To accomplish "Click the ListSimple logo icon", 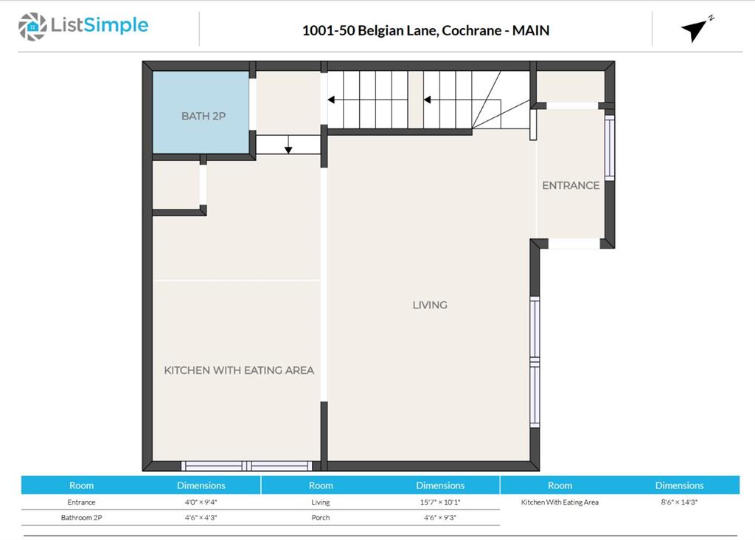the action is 32,27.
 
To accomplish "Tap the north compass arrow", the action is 695,30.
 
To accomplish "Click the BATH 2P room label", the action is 203,116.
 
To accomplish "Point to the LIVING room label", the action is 430,305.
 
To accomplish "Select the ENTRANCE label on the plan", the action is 571,185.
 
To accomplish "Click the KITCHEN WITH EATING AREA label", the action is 239,370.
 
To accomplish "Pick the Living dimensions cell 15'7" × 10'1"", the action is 440,502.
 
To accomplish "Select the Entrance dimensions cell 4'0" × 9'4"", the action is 201,502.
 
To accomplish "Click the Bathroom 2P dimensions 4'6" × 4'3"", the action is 201,517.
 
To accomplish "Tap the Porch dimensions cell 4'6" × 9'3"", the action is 440,517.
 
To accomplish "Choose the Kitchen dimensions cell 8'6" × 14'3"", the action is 679,502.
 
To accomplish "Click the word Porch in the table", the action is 321,517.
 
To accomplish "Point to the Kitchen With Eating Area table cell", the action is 560,502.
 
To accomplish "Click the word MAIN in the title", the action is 531,30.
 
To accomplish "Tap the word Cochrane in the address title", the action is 471,30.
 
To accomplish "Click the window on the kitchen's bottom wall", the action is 246,465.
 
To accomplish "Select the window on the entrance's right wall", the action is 610,147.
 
